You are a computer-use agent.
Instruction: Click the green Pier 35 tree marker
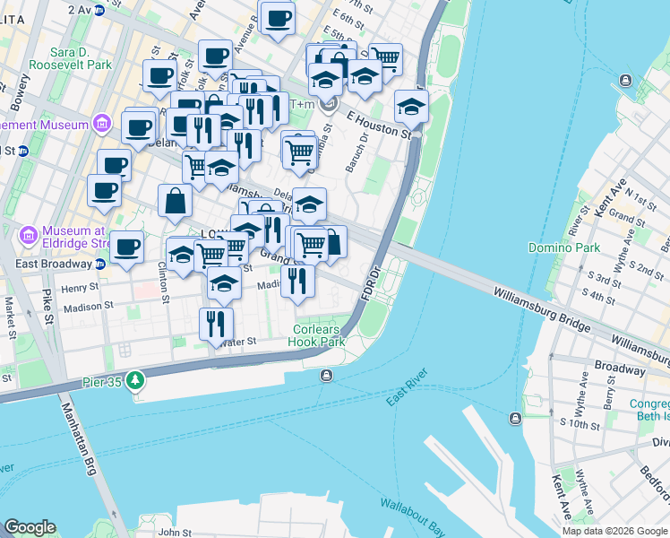[135, 381]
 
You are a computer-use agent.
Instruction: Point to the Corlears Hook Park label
[318, 335]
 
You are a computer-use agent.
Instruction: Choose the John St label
[175, 533]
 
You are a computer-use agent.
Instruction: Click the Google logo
[30, 527]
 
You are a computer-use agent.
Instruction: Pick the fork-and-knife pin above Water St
[216, 324]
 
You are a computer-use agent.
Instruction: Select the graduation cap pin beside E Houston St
[411, 106]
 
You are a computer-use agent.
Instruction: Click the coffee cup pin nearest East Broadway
[126, 247]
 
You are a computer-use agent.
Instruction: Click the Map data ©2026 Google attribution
[614, 531]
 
